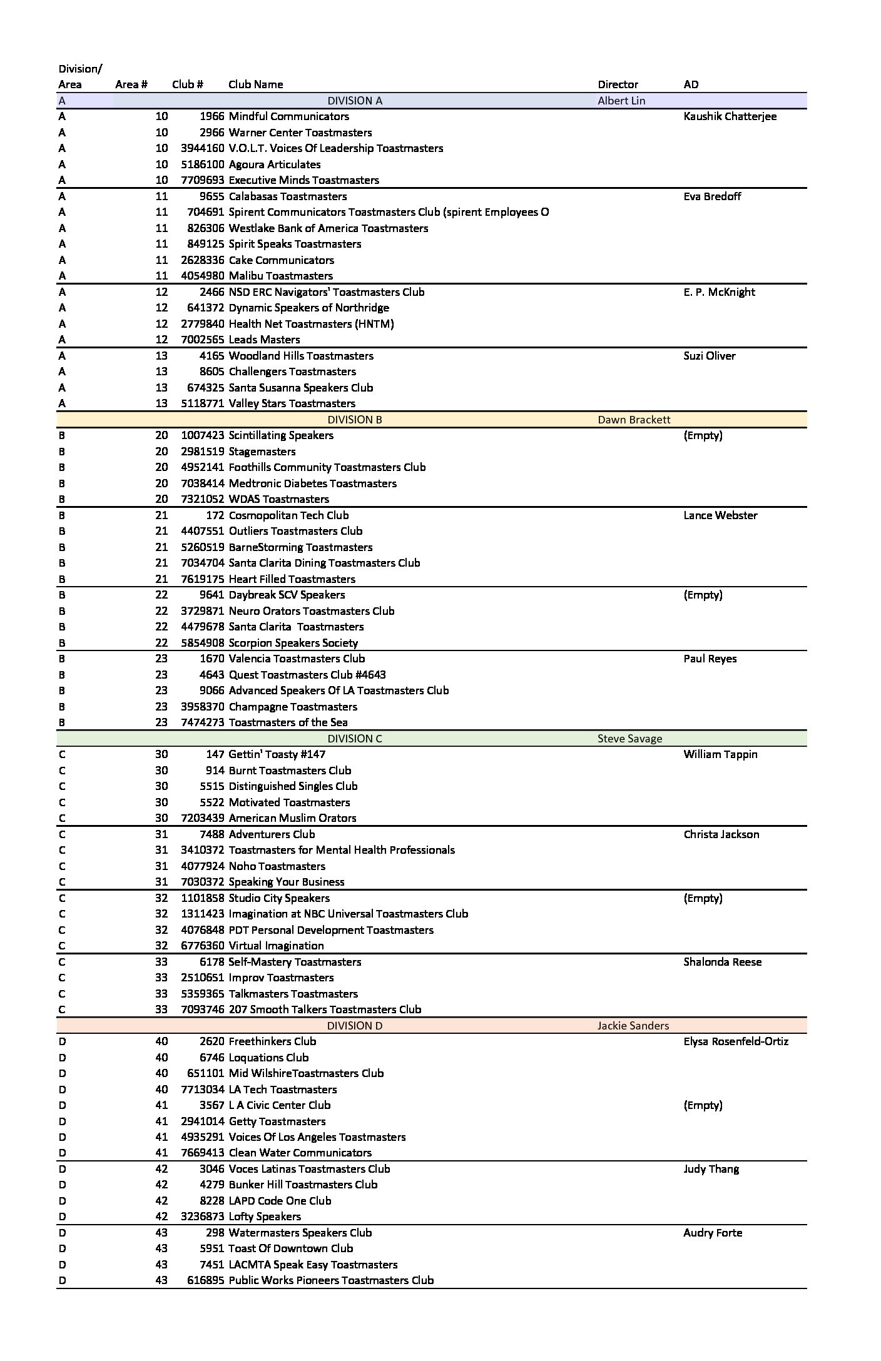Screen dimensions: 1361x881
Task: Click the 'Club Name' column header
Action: pyautogui.click(x=255, y=84)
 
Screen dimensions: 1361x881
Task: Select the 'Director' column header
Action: pyautogui.click(x=618, y=84)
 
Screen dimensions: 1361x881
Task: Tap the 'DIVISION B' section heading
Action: pyautogui.click(x=355, y=420)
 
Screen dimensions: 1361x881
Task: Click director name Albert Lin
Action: pyautogui.click(x=621, y=101)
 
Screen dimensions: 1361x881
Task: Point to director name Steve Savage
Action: pyautogui.click(x=629, y=739)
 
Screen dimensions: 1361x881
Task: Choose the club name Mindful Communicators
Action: pyautogui.click(x=288, y=116)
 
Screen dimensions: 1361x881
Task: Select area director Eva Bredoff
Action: pyautogui.click(x=712, y=196)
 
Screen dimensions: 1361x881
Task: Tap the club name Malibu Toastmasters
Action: pyautogui.click(x=280, y=276)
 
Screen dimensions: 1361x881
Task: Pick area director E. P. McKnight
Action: pyautogui.click(x=719, y=292)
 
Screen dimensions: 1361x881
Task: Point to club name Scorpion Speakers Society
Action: pyautogui.click(x=293, y=643)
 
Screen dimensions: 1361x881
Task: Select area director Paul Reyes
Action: pyautogui.click(x=710, y=659)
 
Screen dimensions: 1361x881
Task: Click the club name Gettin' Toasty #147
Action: pyautogui.click(x=277, y=754)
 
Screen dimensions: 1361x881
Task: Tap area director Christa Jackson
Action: pyautogui.click(x=721, y=834)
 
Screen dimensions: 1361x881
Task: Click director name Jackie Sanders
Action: pyautogui.click(x=633, y=1026)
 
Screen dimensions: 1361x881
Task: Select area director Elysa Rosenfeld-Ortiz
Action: pyautogui.click(x=736, y=1041)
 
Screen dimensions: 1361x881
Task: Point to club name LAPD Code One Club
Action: pyautogui.click(x=280, y=1201)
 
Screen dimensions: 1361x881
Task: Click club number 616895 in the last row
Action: pyautogui.click(x=205, y=1280)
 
